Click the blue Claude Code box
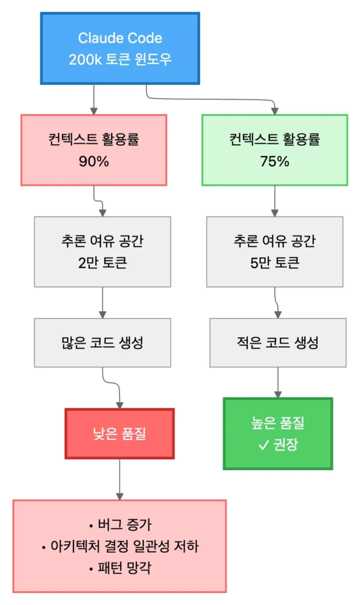120,48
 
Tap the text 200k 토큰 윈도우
120,60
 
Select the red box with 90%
94,150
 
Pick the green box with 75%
274,150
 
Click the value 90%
94,162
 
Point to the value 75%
274,162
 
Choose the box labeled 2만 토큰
103,252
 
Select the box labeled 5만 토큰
274,252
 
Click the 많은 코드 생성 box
103,343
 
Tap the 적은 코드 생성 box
278,343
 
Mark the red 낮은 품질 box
120,433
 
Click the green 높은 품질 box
278,433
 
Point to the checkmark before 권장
263,446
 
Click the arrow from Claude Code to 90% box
94,99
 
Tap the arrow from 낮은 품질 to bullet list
120,479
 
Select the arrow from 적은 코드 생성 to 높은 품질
278,383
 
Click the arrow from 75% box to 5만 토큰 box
274,201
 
